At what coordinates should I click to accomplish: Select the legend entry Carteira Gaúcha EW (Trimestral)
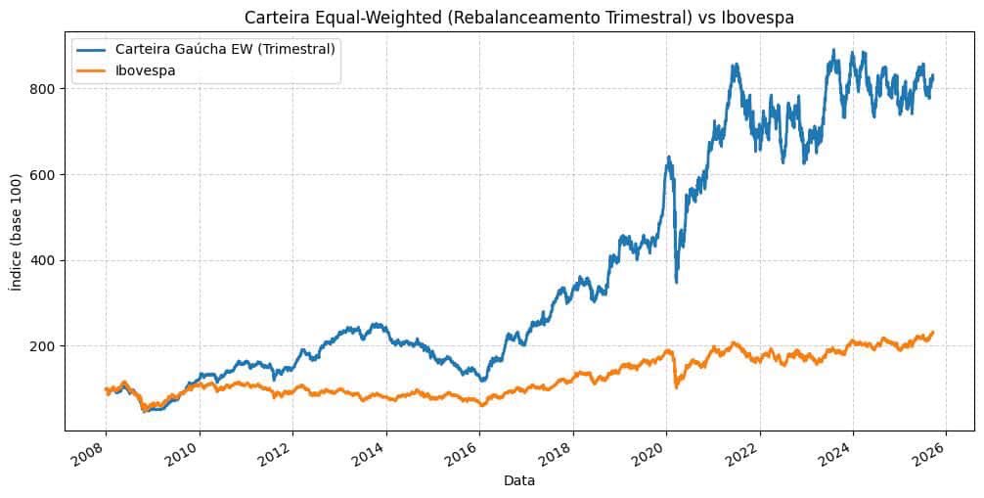(225, 50)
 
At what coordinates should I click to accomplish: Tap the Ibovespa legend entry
(146, 70)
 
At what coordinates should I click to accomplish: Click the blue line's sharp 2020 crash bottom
(676, 282)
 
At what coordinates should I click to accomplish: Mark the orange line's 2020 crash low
(676, 387)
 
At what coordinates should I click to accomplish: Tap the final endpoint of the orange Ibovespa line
(933, 332)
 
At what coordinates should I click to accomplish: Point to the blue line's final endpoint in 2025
(933, 76)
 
